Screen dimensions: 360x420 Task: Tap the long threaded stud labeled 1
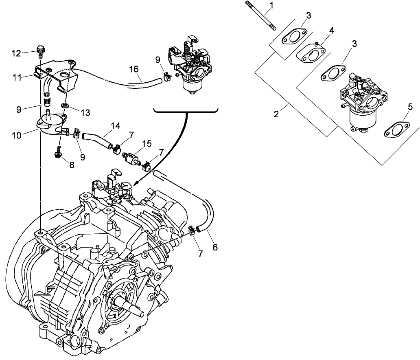261,16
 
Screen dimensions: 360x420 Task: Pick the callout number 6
215,247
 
